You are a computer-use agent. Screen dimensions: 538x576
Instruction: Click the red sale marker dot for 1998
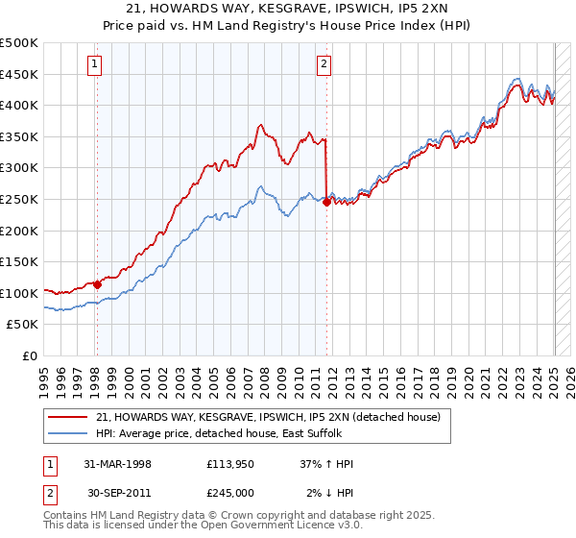pos(97,284)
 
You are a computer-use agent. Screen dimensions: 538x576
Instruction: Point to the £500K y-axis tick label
pos(19,43)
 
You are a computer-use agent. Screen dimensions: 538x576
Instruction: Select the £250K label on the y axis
pos(19,199)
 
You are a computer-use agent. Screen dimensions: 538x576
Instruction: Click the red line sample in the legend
pos(67,417)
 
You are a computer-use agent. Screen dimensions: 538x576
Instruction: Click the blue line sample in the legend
pos(67,433)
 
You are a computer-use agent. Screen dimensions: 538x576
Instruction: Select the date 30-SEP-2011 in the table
pos(118,492)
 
